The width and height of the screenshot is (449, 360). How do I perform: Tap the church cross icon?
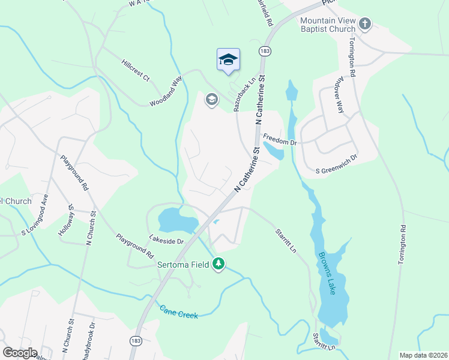(366, 25)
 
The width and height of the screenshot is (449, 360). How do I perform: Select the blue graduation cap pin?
(228, 59)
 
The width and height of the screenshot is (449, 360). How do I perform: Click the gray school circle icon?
(211, 99)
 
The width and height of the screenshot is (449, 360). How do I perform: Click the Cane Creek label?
(179, 312)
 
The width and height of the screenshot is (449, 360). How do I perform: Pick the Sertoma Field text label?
(184, 264)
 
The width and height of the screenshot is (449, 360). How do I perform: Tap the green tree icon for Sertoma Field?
(220, 264)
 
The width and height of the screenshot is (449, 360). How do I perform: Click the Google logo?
(20, 353)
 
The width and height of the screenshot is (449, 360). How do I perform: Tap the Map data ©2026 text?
(424, 355)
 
